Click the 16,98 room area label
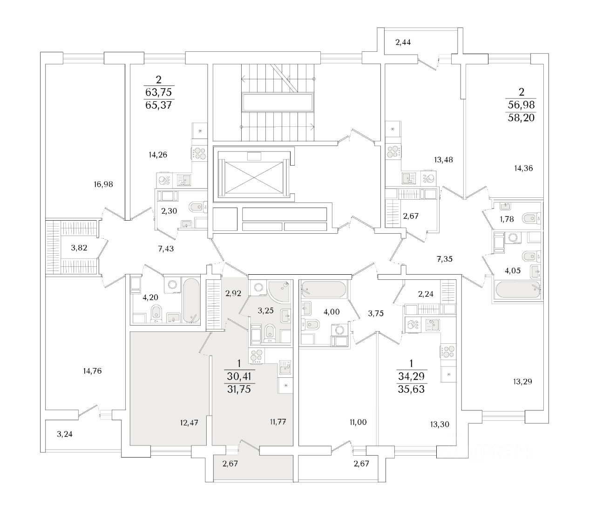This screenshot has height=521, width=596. pyautogui.click(x=103, y=184)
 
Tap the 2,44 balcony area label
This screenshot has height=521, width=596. pyautogui.click(x=403, y=43)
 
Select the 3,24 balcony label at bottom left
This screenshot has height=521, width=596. pyautogui.click(x=65, y=434)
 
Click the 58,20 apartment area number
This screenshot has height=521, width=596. pyautogui.click(x=521, y=118)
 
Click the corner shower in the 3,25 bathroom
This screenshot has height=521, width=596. pyautogui.click(x=279, y=291)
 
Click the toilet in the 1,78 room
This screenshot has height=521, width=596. pyautogui.click(x=530, y=218)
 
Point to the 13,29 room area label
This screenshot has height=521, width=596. pyautogui.click(x=522, y=382)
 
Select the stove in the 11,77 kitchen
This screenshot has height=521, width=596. pyautogui.click(x=257, y=356)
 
